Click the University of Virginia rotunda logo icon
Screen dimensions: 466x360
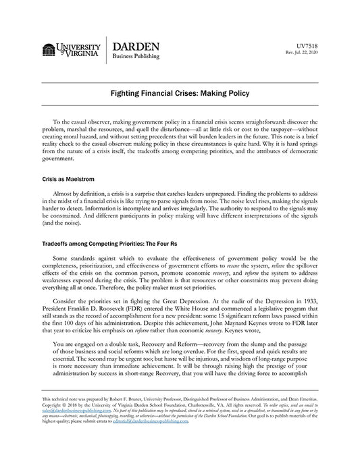[x=49, y=51]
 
